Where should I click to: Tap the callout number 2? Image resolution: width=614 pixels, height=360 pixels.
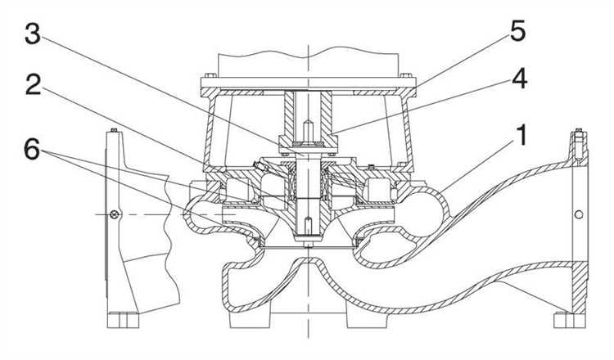point(34,85)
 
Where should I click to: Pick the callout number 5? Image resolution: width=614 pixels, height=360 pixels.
point(517,30)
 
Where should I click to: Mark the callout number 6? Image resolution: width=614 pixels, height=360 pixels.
point(32,149)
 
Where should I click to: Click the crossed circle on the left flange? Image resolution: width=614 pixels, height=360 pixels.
point(115,214)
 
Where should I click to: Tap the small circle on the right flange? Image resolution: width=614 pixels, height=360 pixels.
point(579,214)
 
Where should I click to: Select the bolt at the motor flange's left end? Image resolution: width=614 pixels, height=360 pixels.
point(210,75)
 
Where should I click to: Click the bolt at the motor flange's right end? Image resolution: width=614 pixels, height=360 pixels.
point(406,75)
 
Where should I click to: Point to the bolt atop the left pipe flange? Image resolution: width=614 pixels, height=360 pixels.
point(114,130)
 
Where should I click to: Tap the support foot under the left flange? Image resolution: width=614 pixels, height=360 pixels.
point(123,320)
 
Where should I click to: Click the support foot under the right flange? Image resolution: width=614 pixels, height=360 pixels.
point(570,321)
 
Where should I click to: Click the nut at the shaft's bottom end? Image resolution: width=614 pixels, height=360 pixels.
point(309,245)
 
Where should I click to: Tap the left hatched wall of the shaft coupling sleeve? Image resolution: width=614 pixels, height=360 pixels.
point(289,114)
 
